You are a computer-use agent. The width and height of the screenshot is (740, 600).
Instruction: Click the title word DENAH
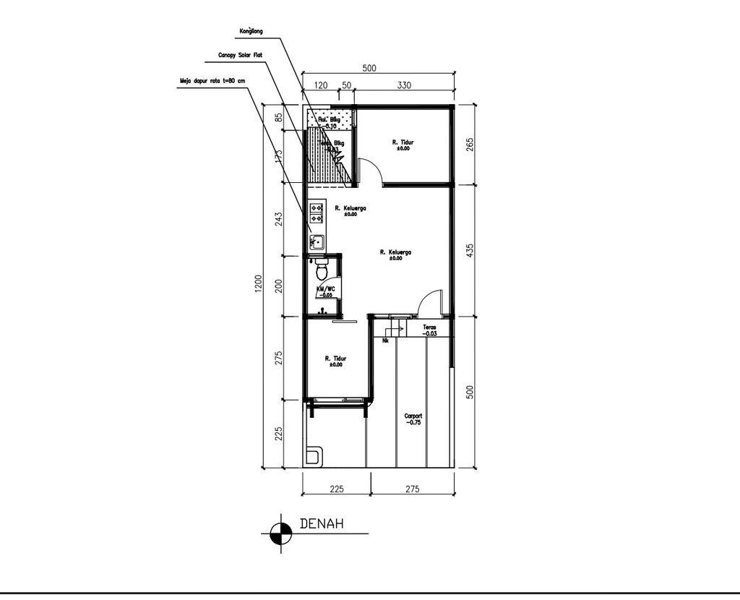pyautogui.click(x=322, y=524)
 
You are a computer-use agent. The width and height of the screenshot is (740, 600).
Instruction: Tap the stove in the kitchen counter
pyautogui.click(x=317, y=212)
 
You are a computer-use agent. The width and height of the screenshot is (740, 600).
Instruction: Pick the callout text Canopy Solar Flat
pyautogui.click(x=240, y=54)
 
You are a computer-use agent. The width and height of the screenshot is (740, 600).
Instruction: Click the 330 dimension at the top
pyautogui.click(x=404, y=85)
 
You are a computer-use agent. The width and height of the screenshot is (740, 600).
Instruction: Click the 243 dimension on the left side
pyautogui.click(x=279, y=219)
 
